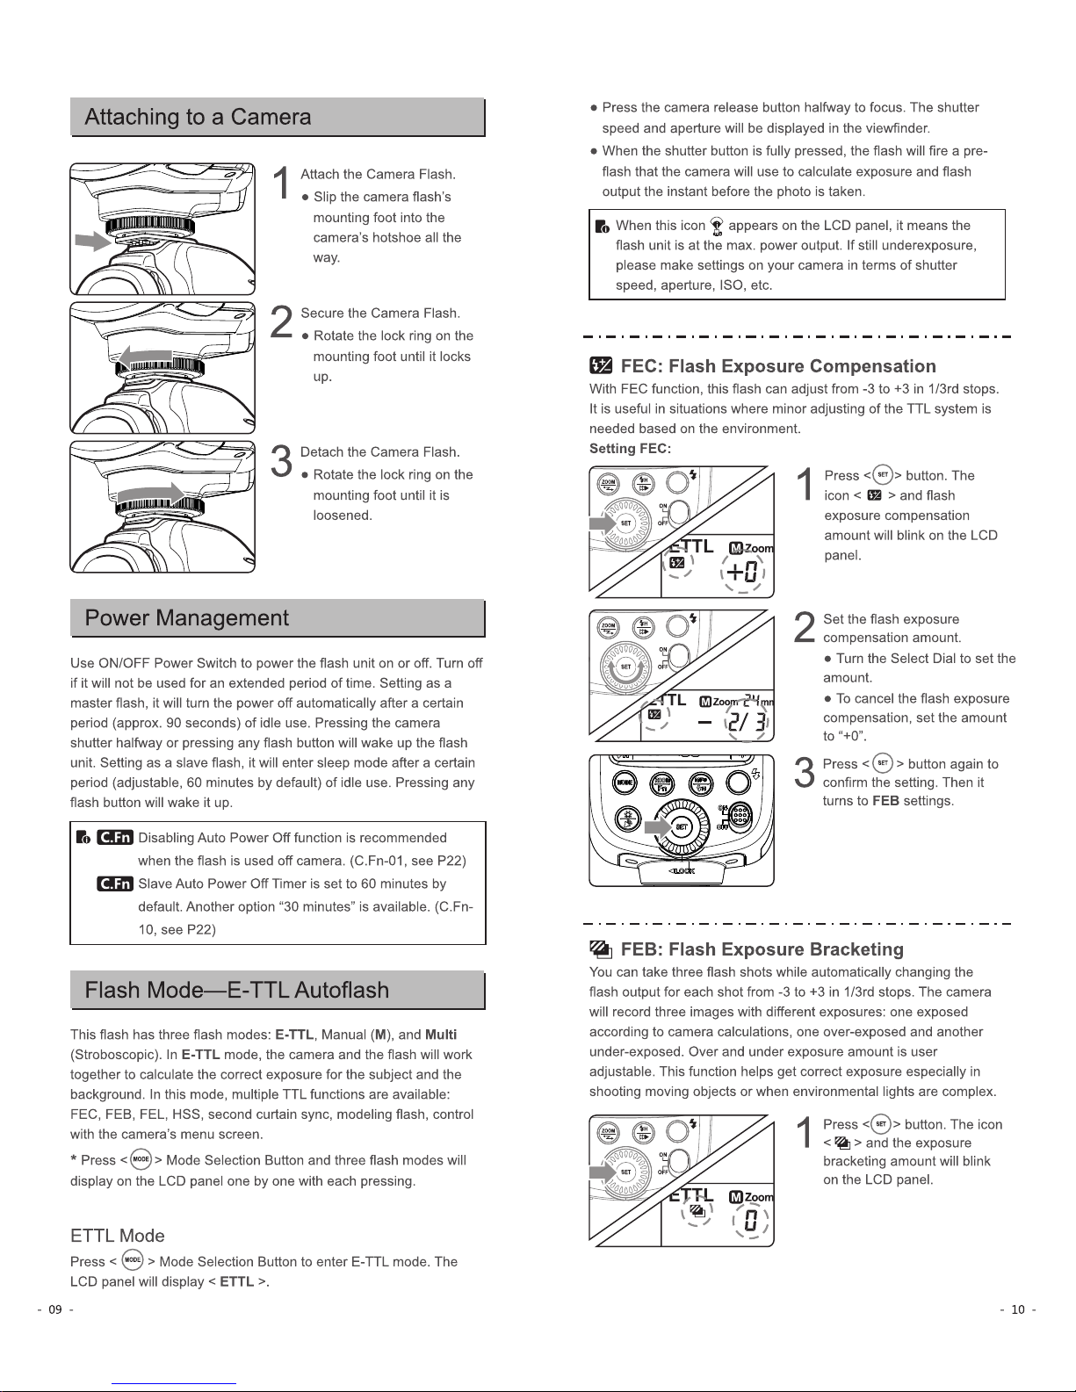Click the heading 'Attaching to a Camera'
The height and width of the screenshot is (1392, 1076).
point(198,118)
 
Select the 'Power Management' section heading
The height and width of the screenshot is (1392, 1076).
point(186,618)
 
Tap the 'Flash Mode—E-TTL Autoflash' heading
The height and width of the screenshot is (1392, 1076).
point(236,991)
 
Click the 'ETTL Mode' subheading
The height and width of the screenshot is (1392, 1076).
point(117,1236)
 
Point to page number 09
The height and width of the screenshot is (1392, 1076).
point(55,1309)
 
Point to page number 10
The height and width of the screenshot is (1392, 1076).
point(1018,1309)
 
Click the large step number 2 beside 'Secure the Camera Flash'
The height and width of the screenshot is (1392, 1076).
point(281,322)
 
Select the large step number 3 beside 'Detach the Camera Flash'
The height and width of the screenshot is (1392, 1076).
point(281,462)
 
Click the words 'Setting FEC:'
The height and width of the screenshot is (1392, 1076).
point(630,449)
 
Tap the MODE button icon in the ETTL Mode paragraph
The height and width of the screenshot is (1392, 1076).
point(133,1260)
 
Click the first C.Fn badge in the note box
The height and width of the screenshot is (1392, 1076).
point(115,837)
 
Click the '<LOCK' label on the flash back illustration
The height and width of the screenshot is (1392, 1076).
point(682,870)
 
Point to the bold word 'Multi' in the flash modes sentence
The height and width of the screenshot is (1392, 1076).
point(441,1035)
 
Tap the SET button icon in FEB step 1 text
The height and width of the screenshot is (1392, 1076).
point(882,1123)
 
